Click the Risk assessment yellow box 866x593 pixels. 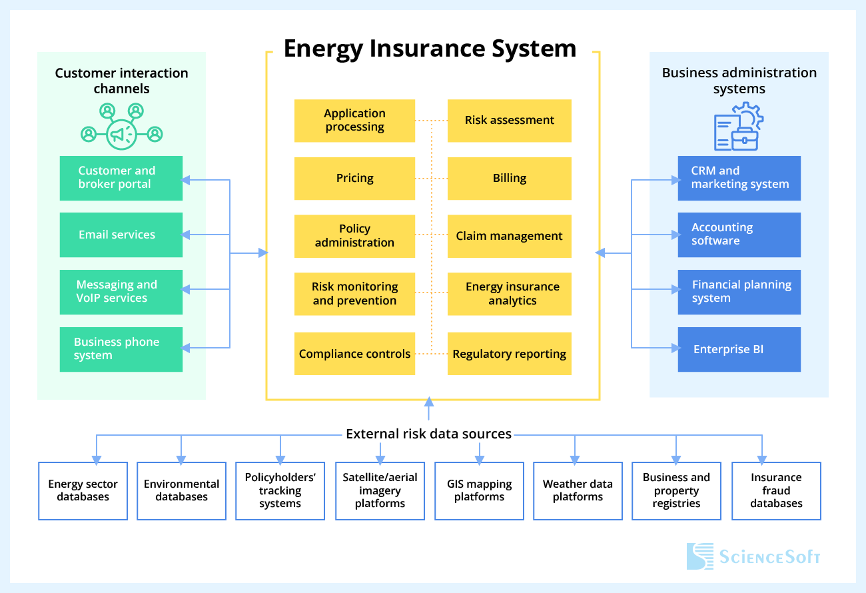pos(509,121)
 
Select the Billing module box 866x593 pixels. pos(509,179)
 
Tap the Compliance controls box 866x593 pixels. pos(354,354)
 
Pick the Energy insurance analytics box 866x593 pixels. pos(509,294)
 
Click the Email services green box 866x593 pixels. pos(121,235)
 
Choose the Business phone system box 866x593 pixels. pos(121,349)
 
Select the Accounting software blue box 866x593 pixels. pos(739,235)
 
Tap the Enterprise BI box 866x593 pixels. pos(739,349)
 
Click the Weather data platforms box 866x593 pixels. pos(578,491)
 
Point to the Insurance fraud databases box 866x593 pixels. pos(776,491)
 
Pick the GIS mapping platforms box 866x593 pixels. pos(479,491)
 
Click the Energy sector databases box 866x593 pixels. pos(83,491)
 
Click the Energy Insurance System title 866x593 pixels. pos(430,49)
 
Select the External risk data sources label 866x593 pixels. pos(428,434)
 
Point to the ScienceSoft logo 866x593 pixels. pos(753,556)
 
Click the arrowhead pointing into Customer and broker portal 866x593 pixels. pos(187,179)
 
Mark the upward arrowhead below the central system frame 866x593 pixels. pos(429,402)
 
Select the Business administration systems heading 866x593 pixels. pos(739,81)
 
